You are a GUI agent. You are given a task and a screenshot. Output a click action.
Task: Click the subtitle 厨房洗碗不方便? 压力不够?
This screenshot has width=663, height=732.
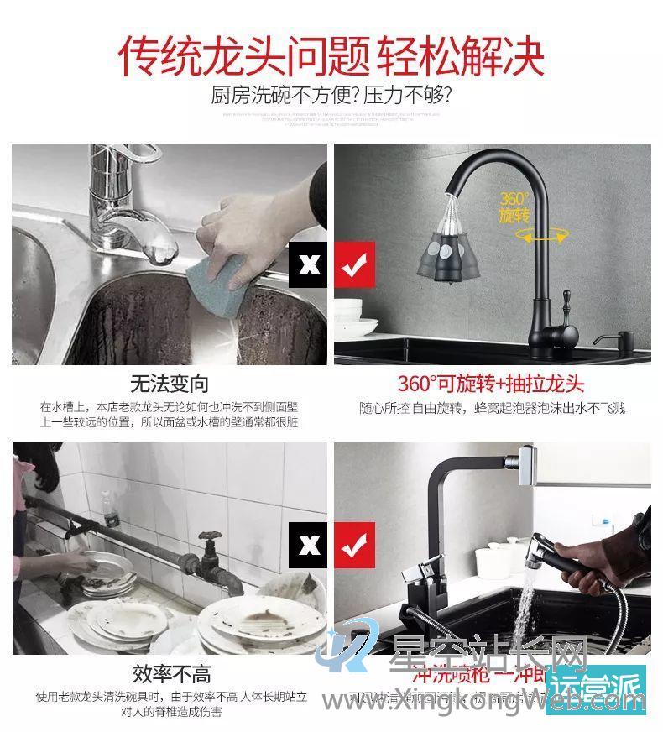coord(331,95)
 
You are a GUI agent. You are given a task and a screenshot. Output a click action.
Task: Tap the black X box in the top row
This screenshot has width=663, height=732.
coord(309,264)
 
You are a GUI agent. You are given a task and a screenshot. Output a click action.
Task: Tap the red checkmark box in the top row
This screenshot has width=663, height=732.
coord(354,264)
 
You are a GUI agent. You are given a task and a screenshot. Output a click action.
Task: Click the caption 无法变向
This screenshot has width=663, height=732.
coord(169,384)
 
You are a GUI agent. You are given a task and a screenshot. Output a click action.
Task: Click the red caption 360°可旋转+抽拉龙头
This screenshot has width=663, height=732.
coord(491,384)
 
